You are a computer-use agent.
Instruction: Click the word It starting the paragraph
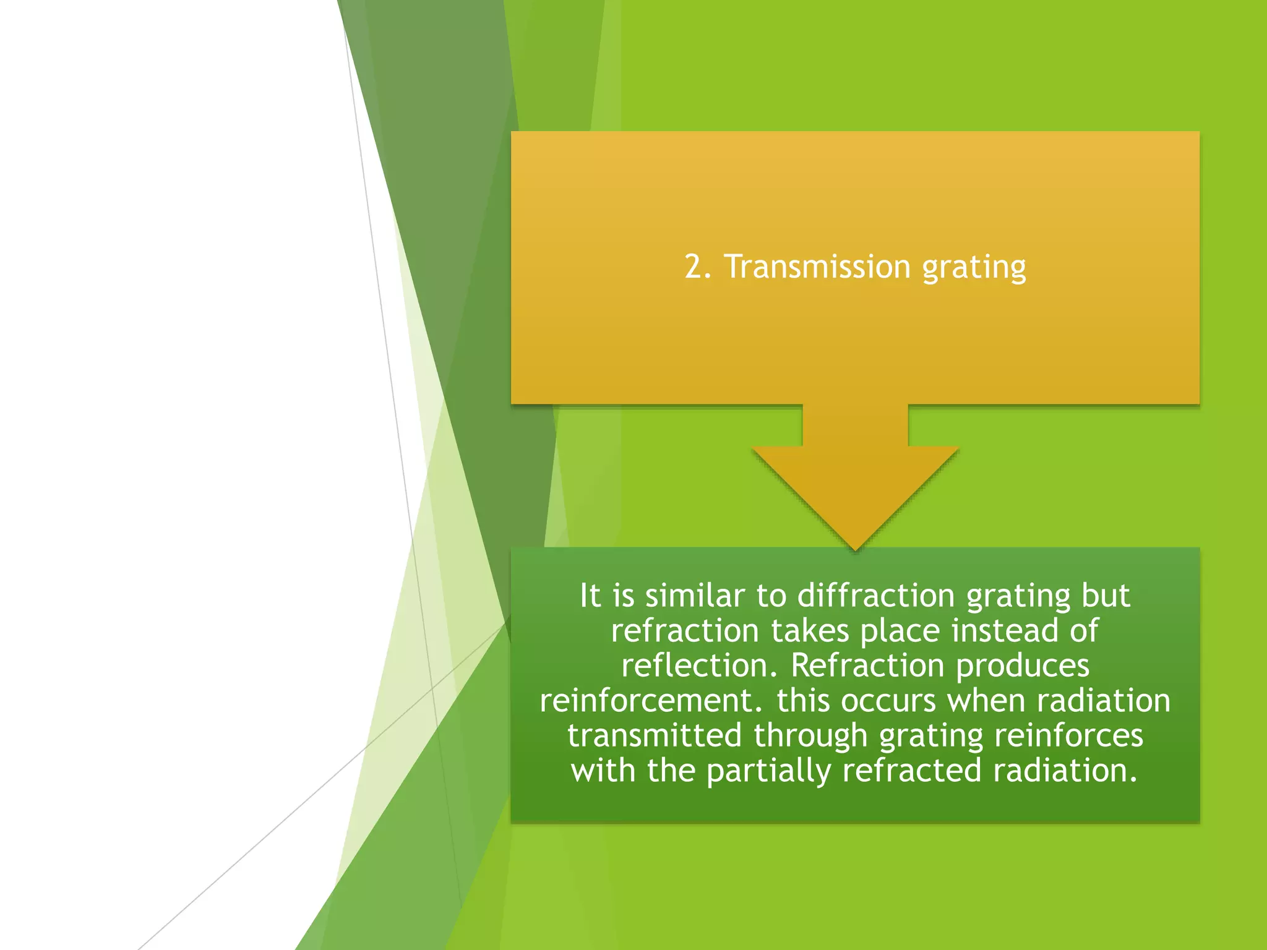590,596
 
